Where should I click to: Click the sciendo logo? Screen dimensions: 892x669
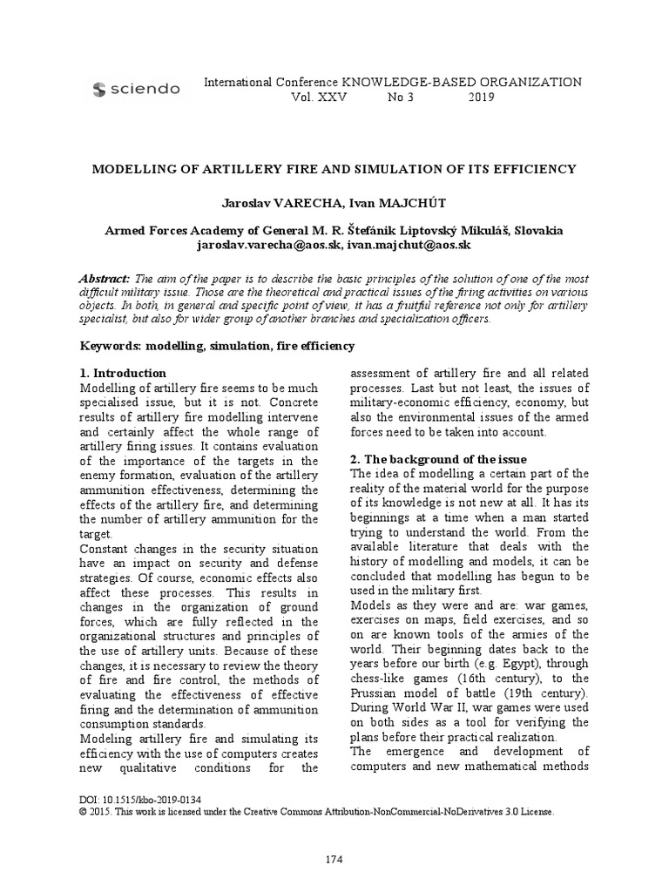click(135, 89)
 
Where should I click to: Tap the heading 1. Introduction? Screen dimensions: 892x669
click(123, 373)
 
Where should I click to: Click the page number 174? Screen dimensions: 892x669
click(334, 860)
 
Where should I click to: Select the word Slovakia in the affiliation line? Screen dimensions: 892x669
click(539, 231)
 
